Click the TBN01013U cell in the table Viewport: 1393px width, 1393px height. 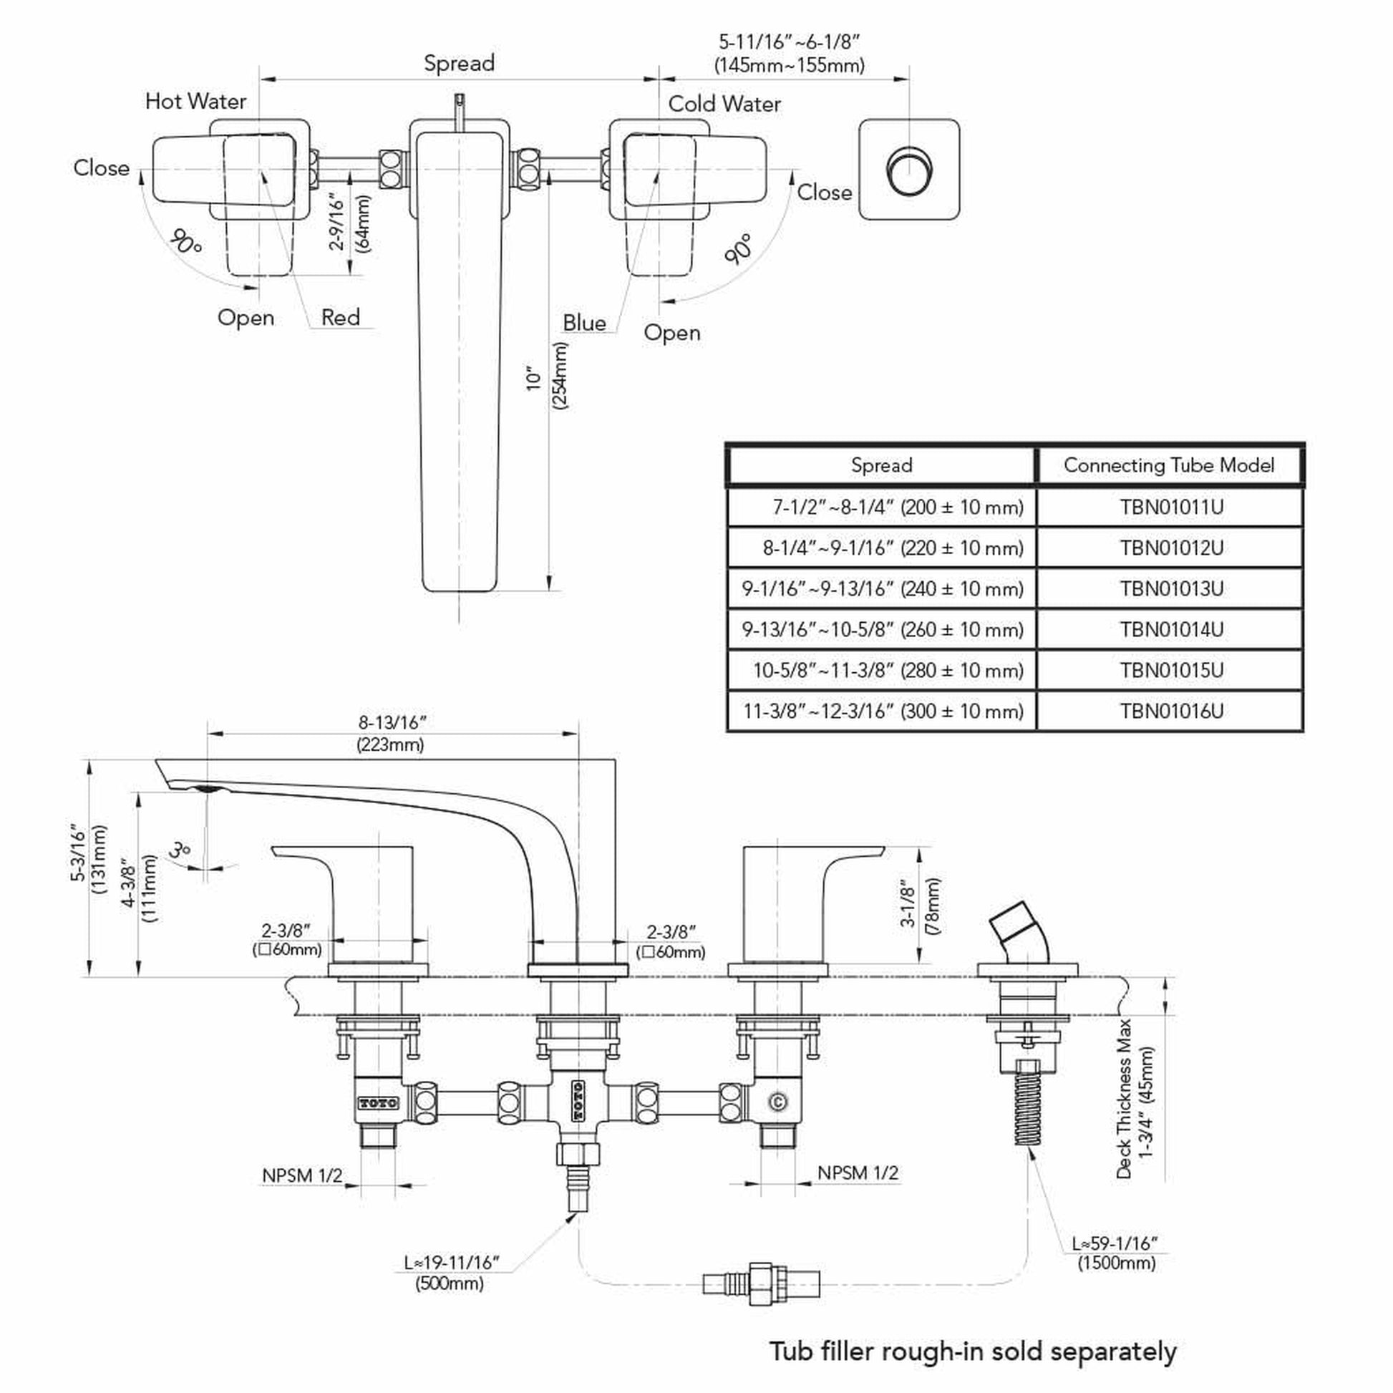coord(1171,589)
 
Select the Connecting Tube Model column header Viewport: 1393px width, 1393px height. coord(1169,466)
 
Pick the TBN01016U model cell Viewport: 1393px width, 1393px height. coord(1171,712)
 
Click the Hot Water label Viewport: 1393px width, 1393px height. coord(195,101)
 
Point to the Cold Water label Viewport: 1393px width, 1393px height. coord(724,104)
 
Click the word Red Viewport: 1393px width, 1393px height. coord(340,317)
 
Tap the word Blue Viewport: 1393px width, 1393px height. coord(584,323)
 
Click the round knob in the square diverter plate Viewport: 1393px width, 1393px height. coord(909,170)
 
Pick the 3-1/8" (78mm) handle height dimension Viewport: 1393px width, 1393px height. coord(921,906)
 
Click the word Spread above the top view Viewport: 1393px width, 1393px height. coord(459,64)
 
